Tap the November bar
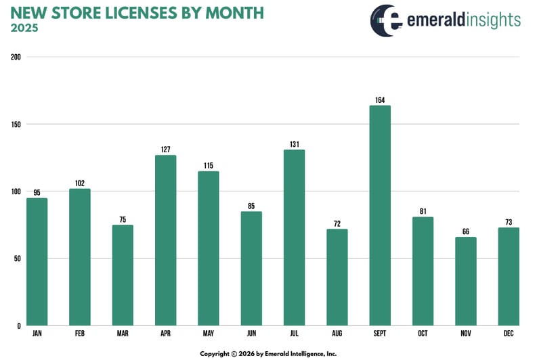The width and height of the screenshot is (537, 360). (x=466, y=281)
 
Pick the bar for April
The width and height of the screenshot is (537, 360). (x=166, y=240)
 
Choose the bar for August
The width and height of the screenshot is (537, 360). (x=337, y=277)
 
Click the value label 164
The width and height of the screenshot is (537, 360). (x=380, y=100)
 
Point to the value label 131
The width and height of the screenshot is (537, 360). (x=295, y=144)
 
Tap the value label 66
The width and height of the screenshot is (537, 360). (x=466, y=231)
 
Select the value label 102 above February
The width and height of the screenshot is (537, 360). (x=80, y=183)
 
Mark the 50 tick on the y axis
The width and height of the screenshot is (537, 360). (x=16, y=258)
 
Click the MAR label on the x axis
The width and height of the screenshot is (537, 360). (x=123, y=334)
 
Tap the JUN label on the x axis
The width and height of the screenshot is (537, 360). (x=251, y=334)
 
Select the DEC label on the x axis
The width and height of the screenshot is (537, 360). (x=509, y=334)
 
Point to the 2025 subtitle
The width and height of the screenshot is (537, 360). (x=24, y=28)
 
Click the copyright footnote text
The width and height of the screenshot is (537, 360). (x=268, y=353)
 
